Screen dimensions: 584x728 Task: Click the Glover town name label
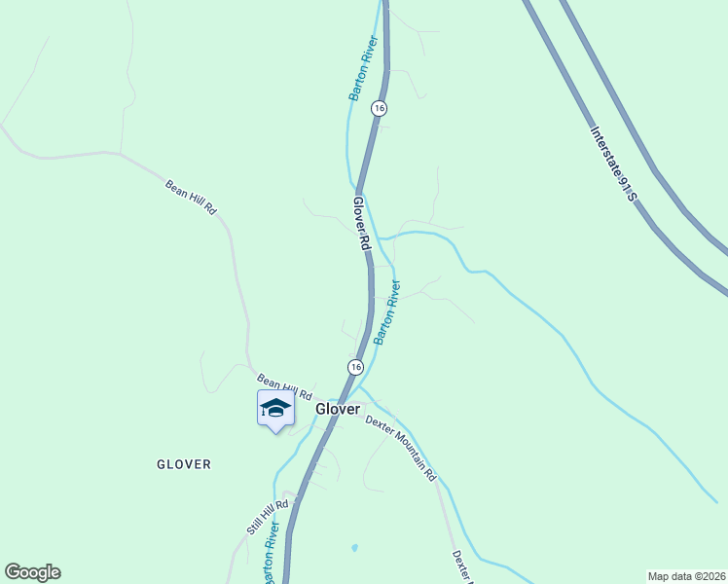coord(338,410)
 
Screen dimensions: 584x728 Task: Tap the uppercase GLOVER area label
coord(184,464)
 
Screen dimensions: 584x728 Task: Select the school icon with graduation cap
coord(275,409)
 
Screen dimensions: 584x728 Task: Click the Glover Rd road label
coord(362,225)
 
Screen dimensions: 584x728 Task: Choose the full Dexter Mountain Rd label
coord(401,448)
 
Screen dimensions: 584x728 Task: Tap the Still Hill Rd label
coord(268,518)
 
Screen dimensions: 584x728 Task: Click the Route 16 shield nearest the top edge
coord(379,108)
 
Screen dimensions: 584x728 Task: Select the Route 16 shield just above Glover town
coord(355,366)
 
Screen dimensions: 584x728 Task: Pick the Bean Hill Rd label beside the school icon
coord(284,386)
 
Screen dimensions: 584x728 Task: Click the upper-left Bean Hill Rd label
coord(190,197)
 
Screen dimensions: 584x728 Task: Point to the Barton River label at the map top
coord(363,69)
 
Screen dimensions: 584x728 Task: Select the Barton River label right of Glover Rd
coord(387,312)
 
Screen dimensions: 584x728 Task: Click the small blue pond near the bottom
coord(353,548)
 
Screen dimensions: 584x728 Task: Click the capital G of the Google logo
coord(13,572)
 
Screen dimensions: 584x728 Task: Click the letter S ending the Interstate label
coord(632,198)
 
